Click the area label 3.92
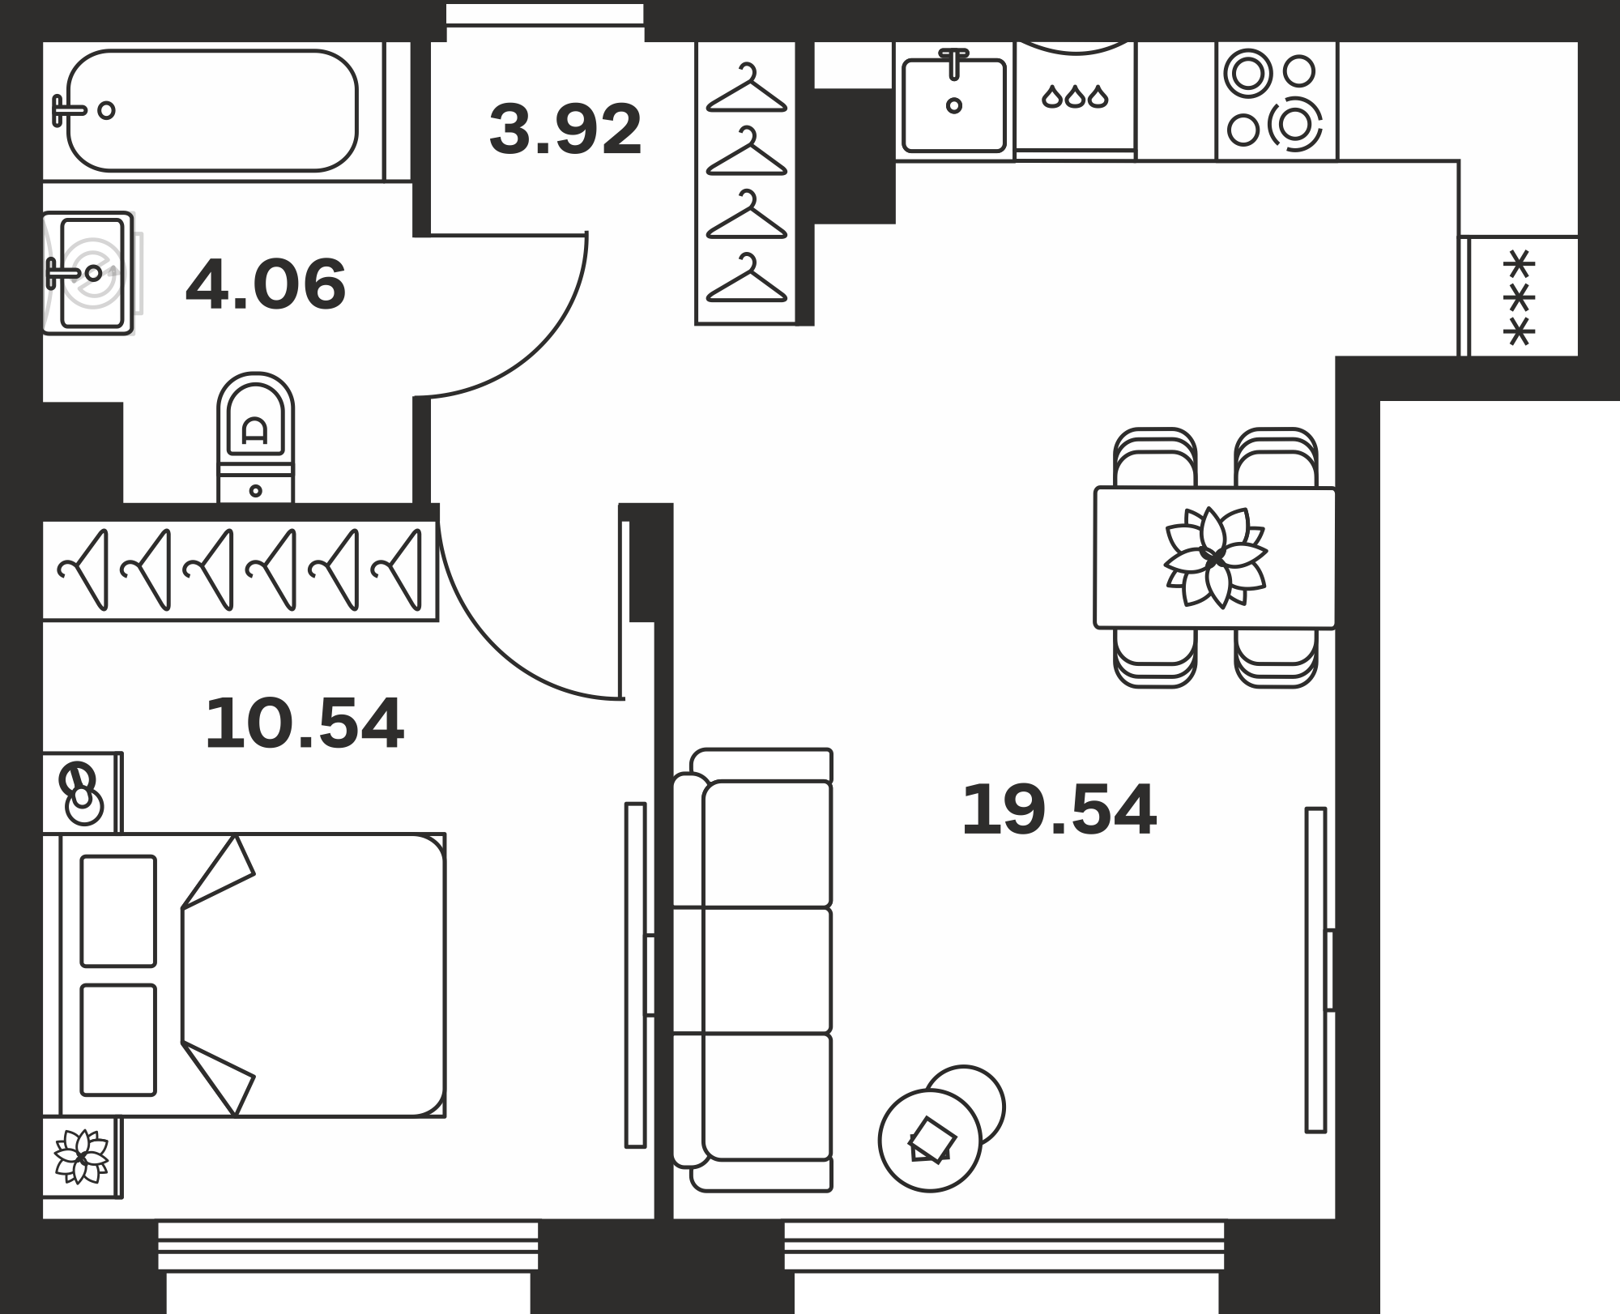(565, 130)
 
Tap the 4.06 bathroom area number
(266, 284)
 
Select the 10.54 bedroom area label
(304, 723)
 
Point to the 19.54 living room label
(1059, 810)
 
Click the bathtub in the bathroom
(212, 111)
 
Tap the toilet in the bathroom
(255, 437)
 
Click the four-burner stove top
(1276, 100)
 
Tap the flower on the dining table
(1215, 557)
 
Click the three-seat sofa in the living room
(753, 971)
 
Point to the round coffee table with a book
(930, 1140)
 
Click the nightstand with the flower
(82, 1157)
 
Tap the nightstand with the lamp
(82, 792)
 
